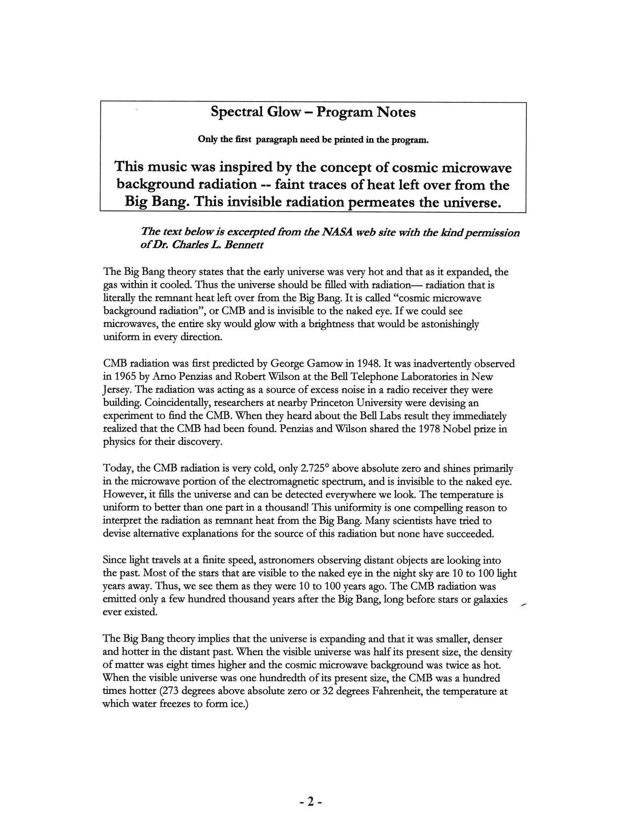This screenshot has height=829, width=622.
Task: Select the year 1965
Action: click(126, 377)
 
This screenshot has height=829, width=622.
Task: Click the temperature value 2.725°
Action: click(312, 468)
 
